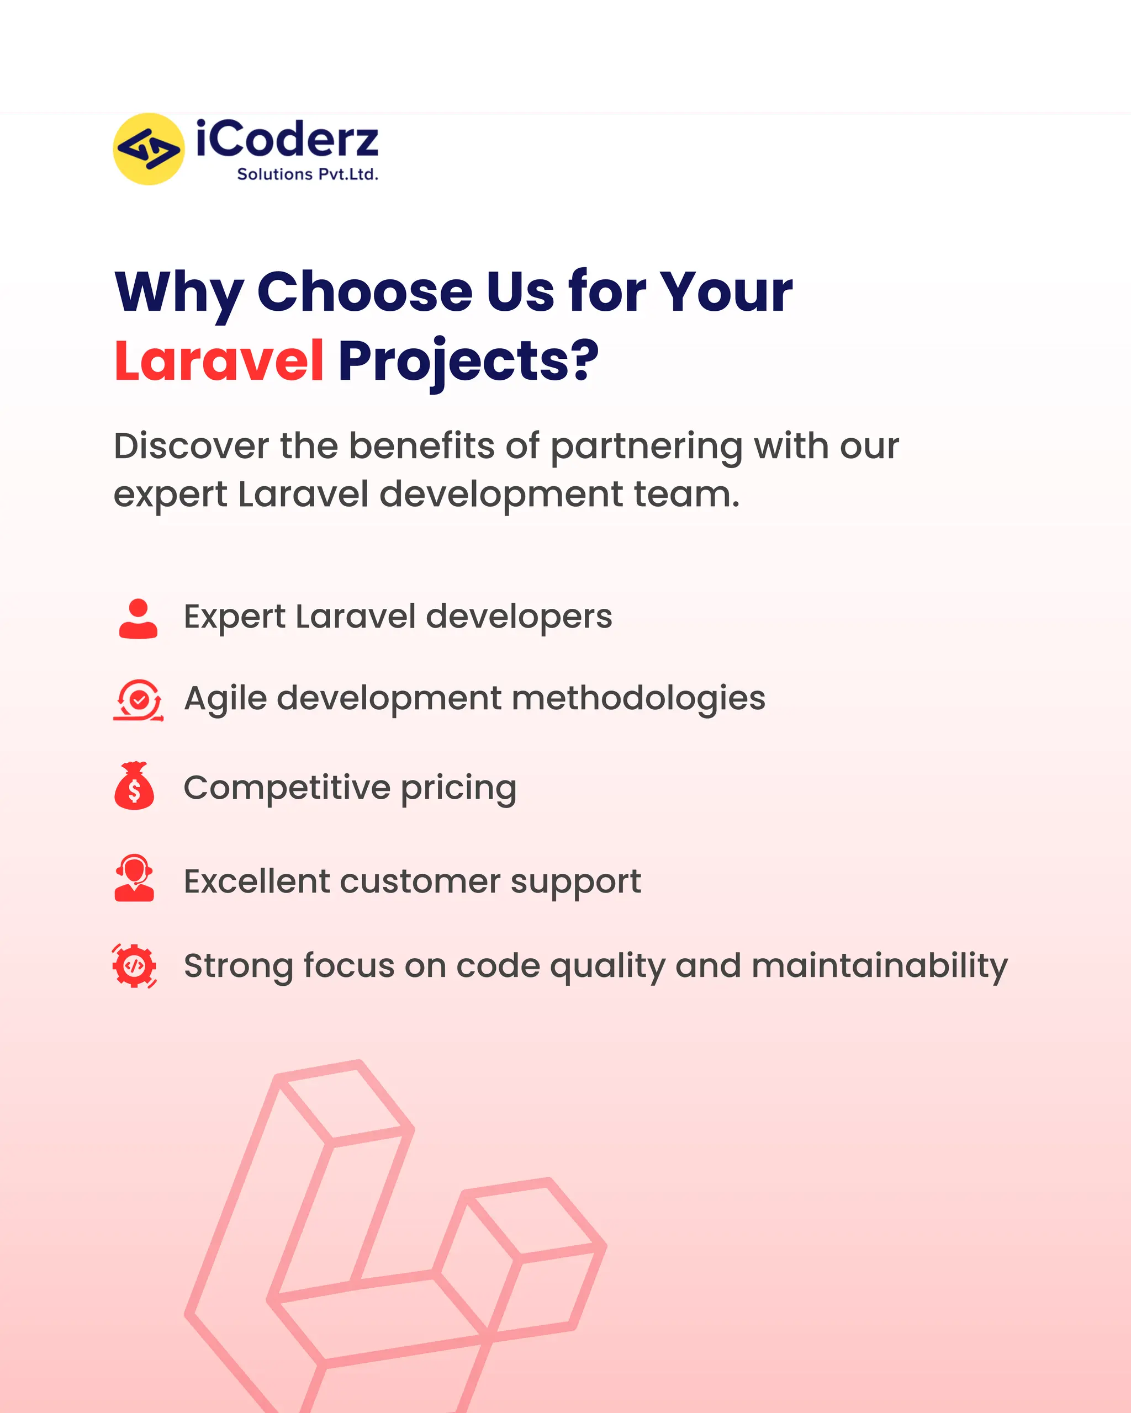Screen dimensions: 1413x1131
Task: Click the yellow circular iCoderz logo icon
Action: tap(149, 149)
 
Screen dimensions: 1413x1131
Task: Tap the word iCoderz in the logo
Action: tap(287, 140)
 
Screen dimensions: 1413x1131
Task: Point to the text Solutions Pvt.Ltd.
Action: tap(308, 174)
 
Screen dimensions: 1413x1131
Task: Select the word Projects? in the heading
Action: tap(468, 361)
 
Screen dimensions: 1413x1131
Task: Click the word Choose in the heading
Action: tap(364, 291)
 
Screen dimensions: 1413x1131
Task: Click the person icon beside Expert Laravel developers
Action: tap(138, 618)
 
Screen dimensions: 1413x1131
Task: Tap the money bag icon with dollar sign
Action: tap(134, 787)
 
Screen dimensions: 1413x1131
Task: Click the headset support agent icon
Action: tap(134, 878)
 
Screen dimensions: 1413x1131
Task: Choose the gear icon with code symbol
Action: tap(134, 965)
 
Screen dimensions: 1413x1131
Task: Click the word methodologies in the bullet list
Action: tap(638, 698)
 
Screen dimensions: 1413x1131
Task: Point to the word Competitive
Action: tap(287, 787)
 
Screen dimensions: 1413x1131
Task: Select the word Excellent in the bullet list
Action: tap(256, 881)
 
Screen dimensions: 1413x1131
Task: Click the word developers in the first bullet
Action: tap(519, 617)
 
